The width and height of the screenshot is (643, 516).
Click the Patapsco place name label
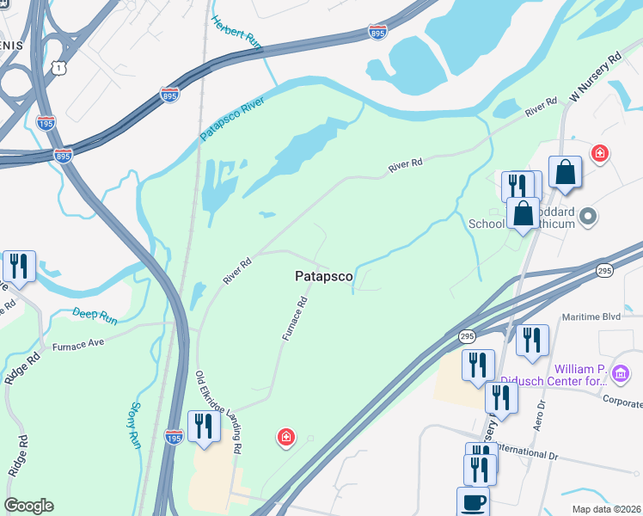pyautogui.click(x=323, y=276)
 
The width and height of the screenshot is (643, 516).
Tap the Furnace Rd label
pyautogui.click(x=296, y=319)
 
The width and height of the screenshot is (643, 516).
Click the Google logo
pyautogui.click(x=28, y=506)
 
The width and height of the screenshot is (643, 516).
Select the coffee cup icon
pyautogui.click(x=473, y=501)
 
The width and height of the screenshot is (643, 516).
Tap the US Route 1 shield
pyautogui.click(x=58, y=65)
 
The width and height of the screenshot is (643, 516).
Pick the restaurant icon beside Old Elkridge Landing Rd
pyautogui.click(x=204, y=427)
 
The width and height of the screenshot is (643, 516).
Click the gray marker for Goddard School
pyautogui.click(x=589, y=215)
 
